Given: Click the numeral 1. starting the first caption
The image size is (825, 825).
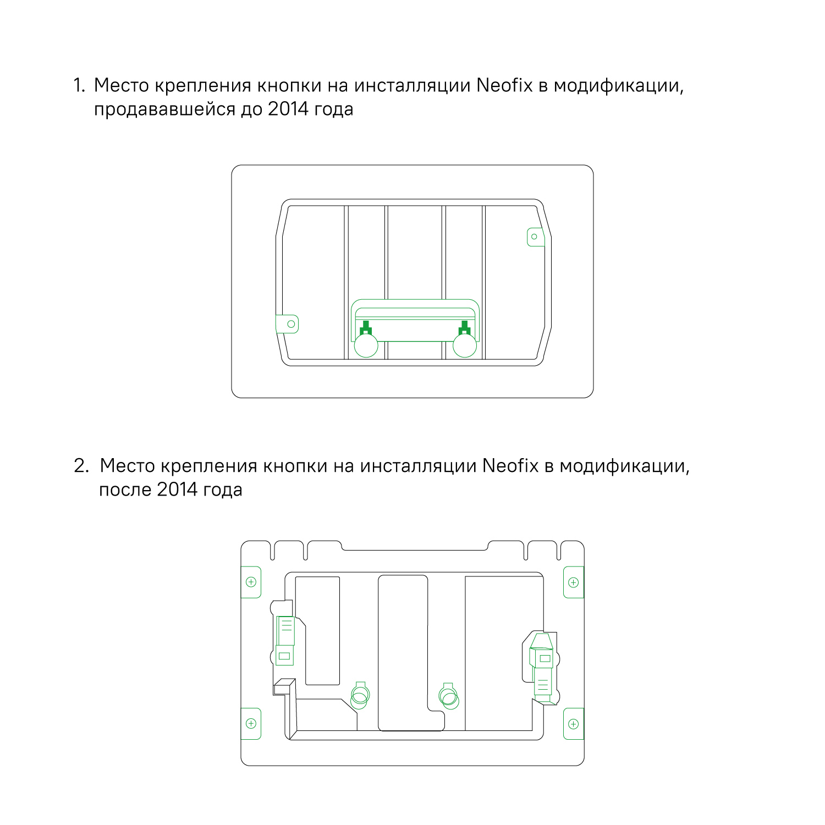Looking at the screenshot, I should click(79, 85).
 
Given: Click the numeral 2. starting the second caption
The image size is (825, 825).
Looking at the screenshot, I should click(81, 466).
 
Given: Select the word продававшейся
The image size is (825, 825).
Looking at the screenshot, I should click(164, 109).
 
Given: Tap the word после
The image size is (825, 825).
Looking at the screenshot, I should click(125, 490).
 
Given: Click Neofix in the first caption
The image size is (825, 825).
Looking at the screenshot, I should click(504, 85).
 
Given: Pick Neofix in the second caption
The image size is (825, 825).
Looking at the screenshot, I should click(510, 466).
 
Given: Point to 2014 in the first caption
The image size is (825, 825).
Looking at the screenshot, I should click(288, 109).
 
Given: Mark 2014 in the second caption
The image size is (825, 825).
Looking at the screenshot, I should click(177, 490).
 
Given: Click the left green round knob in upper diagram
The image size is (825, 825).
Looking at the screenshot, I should click(366, 345).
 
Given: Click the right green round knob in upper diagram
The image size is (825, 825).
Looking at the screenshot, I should click(465, 345).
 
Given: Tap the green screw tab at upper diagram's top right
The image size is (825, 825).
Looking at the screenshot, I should click(535, 237).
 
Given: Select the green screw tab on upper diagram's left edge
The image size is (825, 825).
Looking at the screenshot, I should click(289, 324).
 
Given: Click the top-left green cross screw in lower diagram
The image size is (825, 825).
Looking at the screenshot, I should click(251, 582).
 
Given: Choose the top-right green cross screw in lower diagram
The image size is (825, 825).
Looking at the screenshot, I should click(573, 582).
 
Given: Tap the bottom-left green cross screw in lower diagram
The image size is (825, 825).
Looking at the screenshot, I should click(251, 723).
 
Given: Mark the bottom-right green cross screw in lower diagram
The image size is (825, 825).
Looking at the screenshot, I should click(573, 724).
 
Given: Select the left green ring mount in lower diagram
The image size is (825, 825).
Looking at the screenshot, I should click(360, 695).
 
